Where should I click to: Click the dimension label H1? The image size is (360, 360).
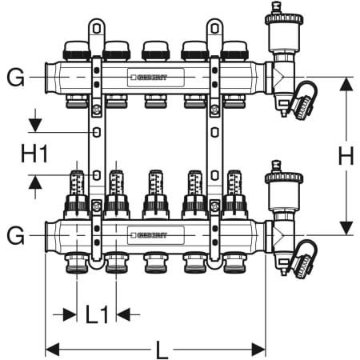coord(34,154)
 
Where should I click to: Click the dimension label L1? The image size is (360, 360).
coord(97,314)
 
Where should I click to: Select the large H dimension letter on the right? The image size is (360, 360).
coord(346,155)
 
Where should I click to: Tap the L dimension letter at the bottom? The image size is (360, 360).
coord(162,350)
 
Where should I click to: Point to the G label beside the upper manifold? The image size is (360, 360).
coord(15,78)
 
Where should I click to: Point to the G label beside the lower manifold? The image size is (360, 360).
coord(15,235)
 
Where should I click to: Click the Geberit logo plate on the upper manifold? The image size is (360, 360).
coord(156,78)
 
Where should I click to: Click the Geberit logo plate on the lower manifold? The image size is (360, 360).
coord(156,235)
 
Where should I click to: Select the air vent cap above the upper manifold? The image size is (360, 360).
coord(284,19)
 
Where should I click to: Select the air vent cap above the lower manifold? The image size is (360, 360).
coord(284,178)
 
